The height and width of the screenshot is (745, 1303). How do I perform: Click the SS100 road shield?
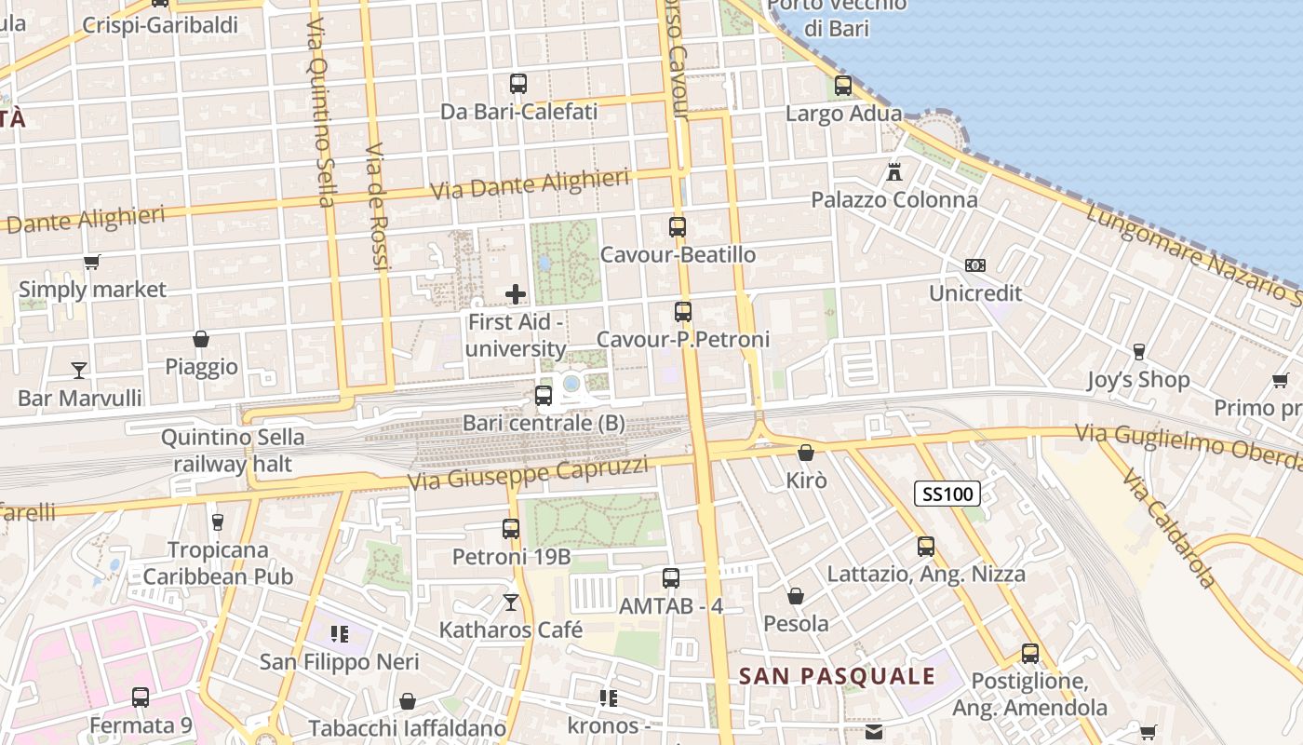click(x=947, y=494)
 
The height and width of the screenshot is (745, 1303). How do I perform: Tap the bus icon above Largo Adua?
click(x=843, y=86)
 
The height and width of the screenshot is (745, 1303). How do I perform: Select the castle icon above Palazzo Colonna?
click(x=894, y=172)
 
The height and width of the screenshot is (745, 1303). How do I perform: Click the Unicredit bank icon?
click(x=974, y=265)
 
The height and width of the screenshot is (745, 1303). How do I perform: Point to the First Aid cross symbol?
click(x=516, y=294)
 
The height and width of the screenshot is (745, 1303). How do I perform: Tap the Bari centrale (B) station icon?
click(x=544, y=396)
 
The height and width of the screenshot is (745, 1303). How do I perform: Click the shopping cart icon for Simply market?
click(x=91, y=262)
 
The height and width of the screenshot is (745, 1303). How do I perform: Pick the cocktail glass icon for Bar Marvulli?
click(x=79, y=371)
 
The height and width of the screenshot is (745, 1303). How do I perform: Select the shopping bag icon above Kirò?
click(x=806, y=453)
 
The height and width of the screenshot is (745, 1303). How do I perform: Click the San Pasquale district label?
click(x=837, y=676)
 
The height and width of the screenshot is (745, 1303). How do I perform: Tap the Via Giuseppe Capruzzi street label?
click(x=528, y=474)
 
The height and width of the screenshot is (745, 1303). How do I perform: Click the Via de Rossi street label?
click(x=376, y=207)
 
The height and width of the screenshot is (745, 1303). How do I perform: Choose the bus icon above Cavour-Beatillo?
click(x=678, y=226)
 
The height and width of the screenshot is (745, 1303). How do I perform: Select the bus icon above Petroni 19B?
click(x=511, y=529)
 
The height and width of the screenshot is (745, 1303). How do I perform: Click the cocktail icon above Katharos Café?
click(x=511, y=603)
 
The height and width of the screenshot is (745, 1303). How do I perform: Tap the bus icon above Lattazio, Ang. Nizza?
click(x=926, y=547)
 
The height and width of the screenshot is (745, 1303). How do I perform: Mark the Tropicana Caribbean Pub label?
click(x=218, y=563)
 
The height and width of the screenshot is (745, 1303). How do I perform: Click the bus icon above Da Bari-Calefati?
click(x=518, y=84)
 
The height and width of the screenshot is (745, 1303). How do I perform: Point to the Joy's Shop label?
click(x=1138, y=380)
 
